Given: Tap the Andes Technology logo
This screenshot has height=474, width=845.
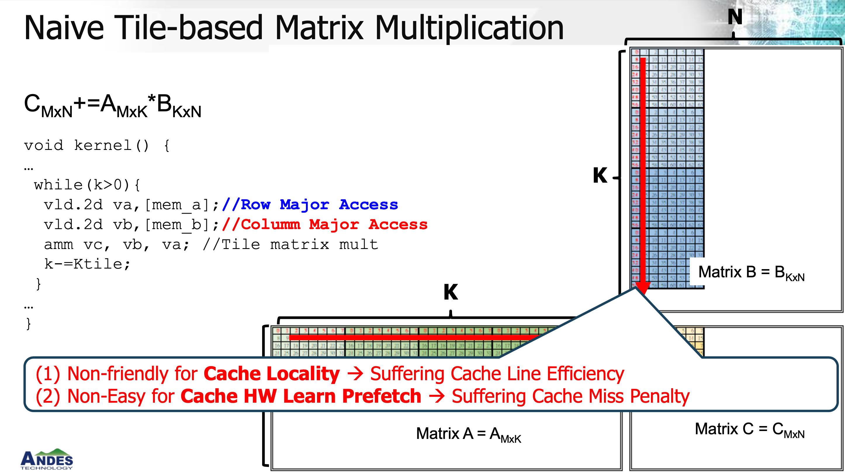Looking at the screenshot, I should (46, 459).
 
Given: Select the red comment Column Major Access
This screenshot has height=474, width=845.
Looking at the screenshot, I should (325, 225).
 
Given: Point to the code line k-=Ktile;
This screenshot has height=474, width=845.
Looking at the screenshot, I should (87, 264).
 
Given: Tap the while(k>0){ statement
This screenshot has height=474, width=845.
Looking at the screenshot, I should (87, 185).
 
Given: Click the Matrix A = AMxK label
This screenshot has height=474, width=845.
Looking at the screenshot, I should (468, 434).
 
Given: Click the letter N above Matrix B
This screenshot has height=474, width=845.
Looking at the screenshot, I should (735, 17).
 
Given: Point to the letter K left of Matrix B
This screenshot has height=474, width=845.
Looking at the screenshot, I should (600, 176).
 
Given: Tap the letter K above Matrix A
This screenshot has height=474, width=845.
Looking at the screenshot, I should (451, 292).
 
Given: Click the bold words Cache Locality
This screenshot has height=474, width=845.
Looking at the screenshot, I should (272, 374).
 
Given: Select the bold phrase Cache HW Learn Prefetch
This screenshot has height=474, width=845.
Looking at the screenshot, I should (300, 396).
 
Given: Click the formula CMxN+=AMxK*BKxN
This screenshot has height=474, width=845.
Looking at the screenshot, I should (112, 105).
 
